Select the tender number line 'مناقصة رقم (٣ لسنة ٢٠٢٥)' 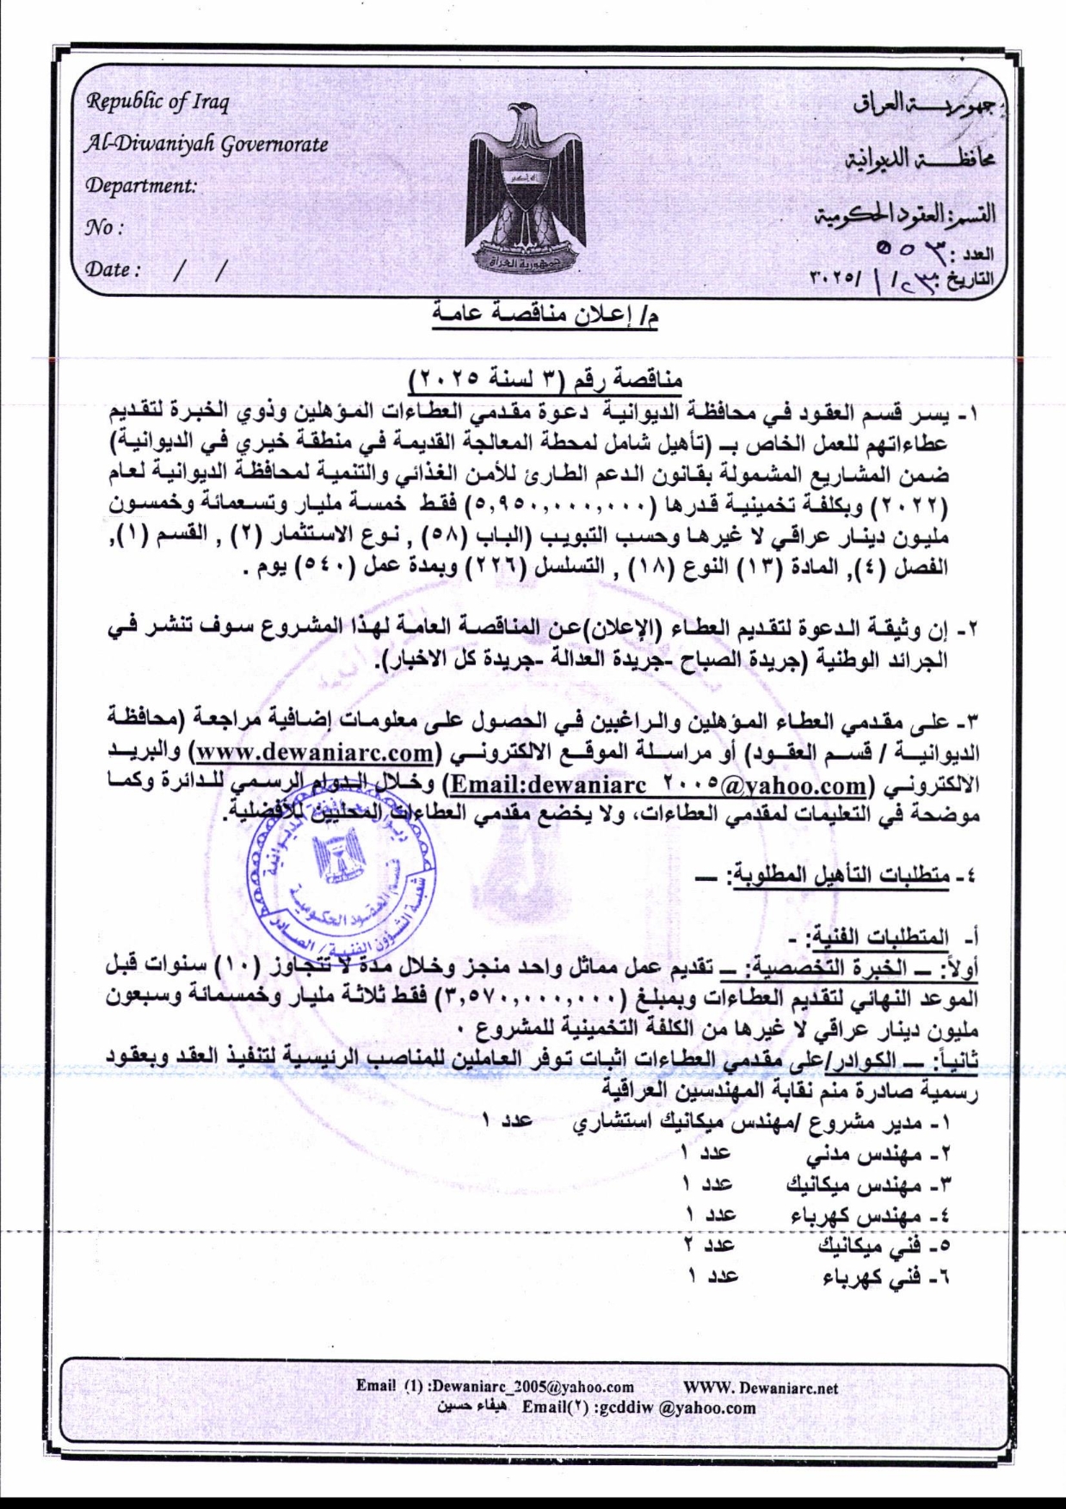point(551,379)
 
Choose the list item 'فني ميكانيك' point(861,1247)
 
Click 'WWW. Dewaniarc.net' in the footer point(761,1387)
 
